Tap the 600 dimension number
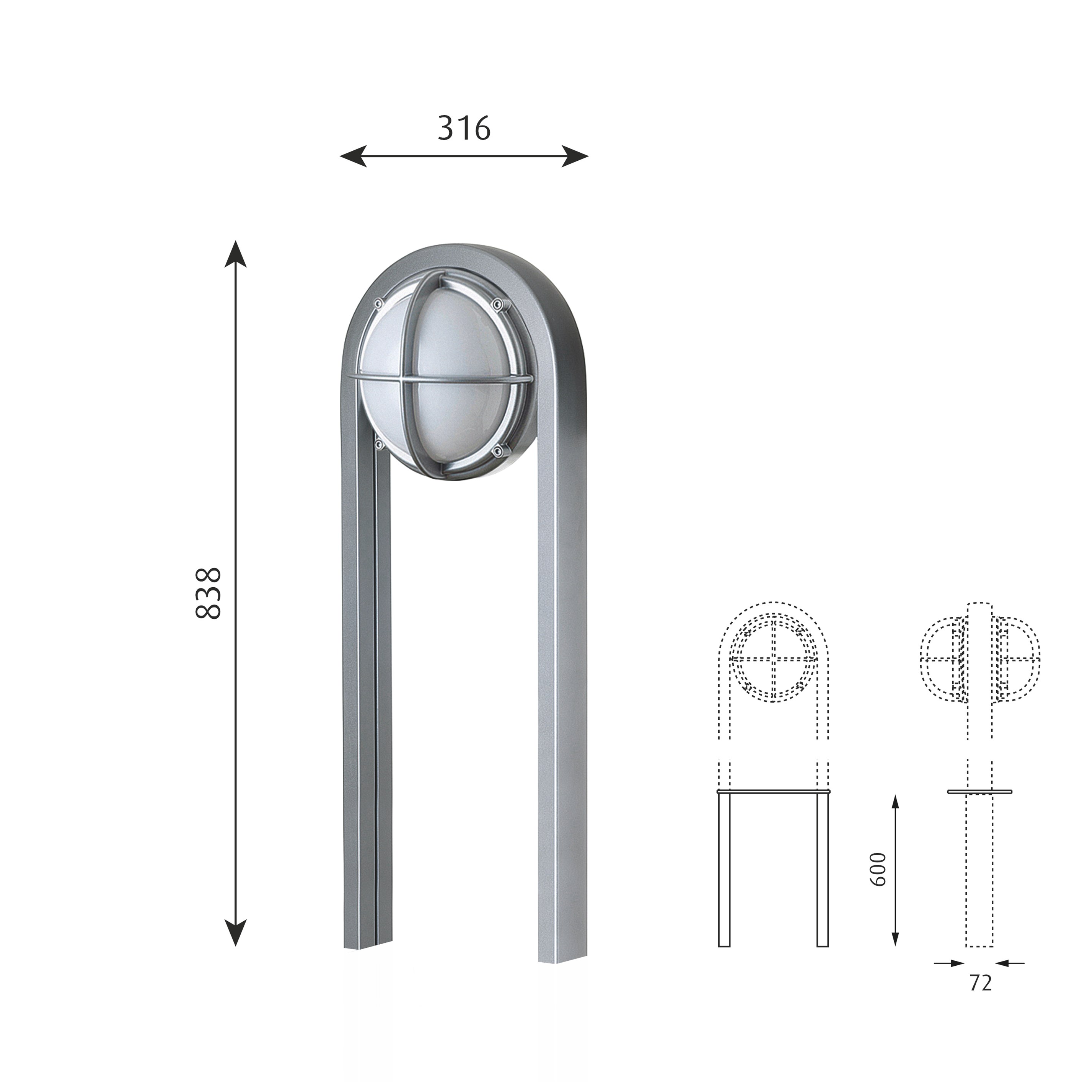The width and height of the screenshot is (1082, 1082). pyautogui.click(x=878, y=869)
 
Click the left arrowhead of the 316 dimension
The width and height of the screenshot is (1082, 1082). pyautogui.click(x=353, y=156)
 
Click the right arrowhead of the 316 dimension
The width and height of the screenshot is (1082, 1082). pyautogui.click(x=575, y=156)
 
